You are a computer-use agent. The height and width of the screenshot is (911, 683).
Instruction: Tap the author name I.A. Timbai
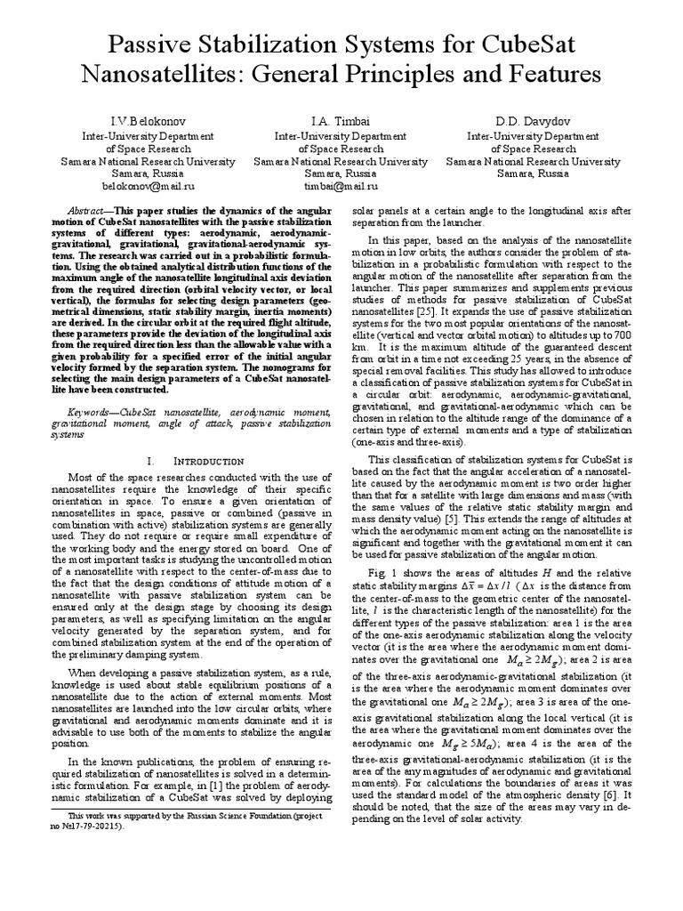tap(341, 120)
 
